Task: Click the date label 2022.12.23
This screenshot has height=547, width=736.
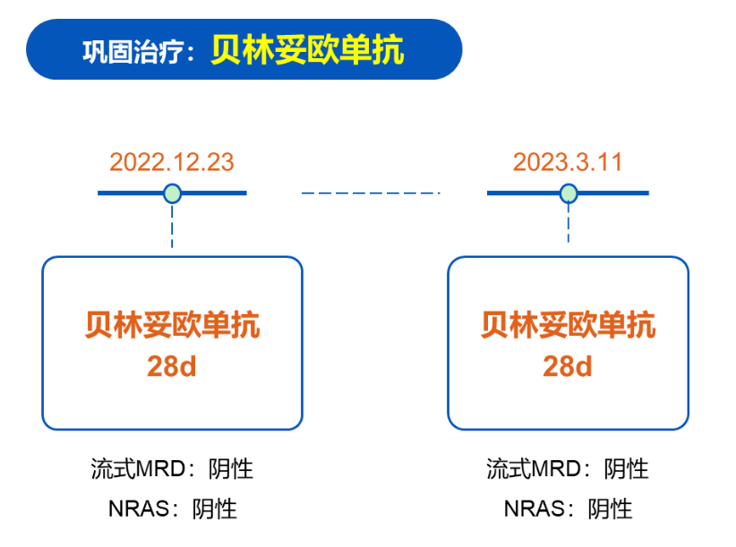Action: pyautogui.click(x=172, y=162)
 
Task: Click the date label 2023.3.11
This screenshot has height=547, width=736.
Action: pyautogui.click(x=568, y=162)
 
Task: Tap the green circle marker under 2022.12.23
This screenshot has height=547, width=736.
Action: pyautogui.click(x=172, y=193)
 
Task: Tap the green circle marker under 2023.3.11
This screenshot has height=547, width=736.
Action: pyautogui.click(x=569, y=193)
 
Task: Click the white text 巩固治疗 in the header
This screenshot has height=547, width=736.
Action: pyautogui.click(x=133, y=51)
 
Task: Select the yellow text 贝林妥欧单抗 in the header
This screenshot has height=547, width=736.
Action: pyautogui.click(x=307, y=50)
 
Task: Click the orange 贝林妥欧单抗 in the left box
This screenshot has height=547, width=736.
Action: pyautogui.click(x=172, y=325)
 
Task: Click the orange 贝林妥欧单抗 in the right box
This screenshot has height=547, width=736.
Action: pyautogui.click(x=568, y=325)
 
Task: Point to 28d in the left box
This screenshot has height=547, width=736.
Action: pyautogui.click(x=172, y=366)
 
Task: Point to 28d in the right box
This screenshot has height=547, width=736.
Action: pyautogui.click(x=568, y=366)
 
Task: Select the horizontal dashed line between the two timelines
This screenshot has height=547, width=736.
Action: pyautogui.click(x=371, y=192)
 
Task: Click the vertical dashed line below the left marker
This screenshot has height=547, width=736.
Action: pyautogui.click(x=172, y=226)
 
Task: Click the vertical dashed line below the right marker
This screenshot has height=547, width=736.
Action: pyautogui.click(x=569, y=223)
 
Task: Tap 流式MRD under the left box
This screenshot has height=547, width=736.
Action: pyautogui.click(x=139, y=469)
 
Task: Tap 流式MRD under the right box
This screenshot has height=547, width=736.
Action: pyautogui.click(x=534, y=469)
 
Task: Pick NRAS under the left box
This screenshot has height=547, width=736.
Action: pyautogui.click(x=139, y=509)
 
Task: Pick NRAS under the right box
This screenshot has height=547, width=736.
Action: pyautogui.click(x=535, y=509)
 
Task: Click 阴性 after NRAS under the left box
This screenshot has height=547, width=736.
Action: pyautogui.click(x=215, y=509)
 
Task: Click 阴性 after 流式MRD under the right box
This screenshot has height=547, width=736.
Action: pyautogui.click(x=626, y=469)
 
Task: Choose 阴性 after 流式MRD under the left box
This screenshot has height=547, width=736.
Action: pyautogui.click(x=231, y=469)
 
